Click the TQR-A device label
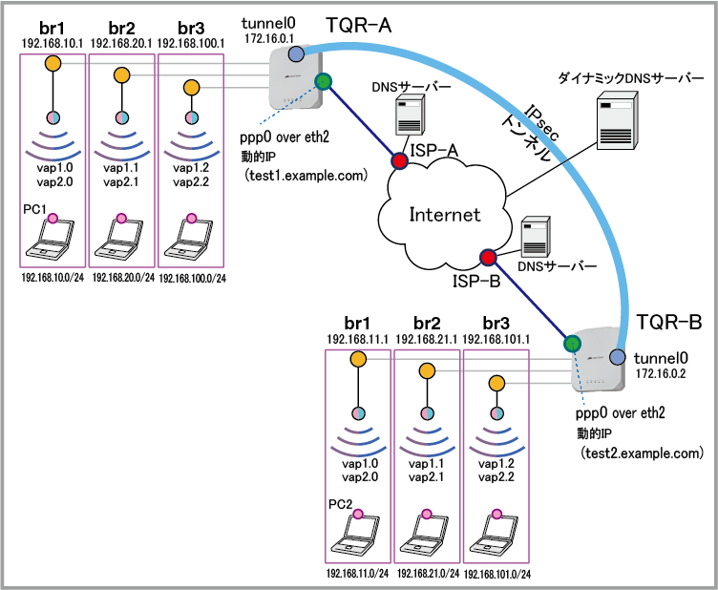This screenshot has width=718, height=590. pyautogui.click(x=359, y=25)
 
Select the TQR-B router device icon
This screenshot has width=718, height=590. pyautogui.click(x=598, y=360)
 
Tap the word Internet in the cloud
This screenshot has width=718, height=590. pyautogui.click(x=445, y=215)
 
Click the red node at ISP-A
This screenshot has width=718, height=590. pyautogui.click(x=399, y=161)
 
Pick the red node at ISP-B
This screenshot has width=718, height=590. pyautogui.click(x=488, y=258)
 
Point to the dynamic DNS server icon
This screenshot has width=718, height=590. pyautogui.click(x=617, y=120)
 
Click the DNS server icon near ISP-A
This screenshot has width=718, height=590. pyautogui.click(x=410, y=115)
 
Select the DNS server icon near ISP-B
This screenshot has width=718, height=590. pyautogui.click(x=536, y=237)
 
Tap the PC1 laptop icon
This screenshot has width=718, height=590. pyautogui.click(x=50, y=238)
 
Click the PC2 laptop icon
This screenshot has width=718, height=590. pyautogui.click(x=355, y=534)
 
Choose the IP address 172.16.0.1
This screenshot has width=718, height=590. pyautogui.click(x=269, y=39)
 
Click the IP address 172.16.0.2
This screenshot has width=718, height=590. pyautogui.click(x=661, y=373)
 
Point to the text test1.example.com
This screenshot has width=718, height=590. pyautogui.click(x=306, y=176)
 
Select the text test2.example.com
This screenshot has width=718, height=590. pyautogui.click(x=642, y=453)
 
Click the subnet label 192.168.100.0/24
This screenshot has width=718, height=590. pyautogui.click(x=192, y=279)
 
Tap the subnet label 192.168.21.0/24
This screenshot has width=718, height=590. pyautogui.click(x=428, y=574)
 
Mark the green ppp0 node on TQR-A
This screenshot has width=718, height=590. pyautogui.click(x=324, y=82)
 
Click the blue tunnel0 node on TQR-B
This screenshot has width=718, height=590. pyautogui.click(x=618, y=357)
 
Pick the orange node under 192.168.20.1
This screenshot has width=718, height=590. pyautogui.click(x=122, y=75)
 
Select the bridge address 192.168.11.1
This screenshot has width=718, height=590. pyautogui.click(x=358, y=340)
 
